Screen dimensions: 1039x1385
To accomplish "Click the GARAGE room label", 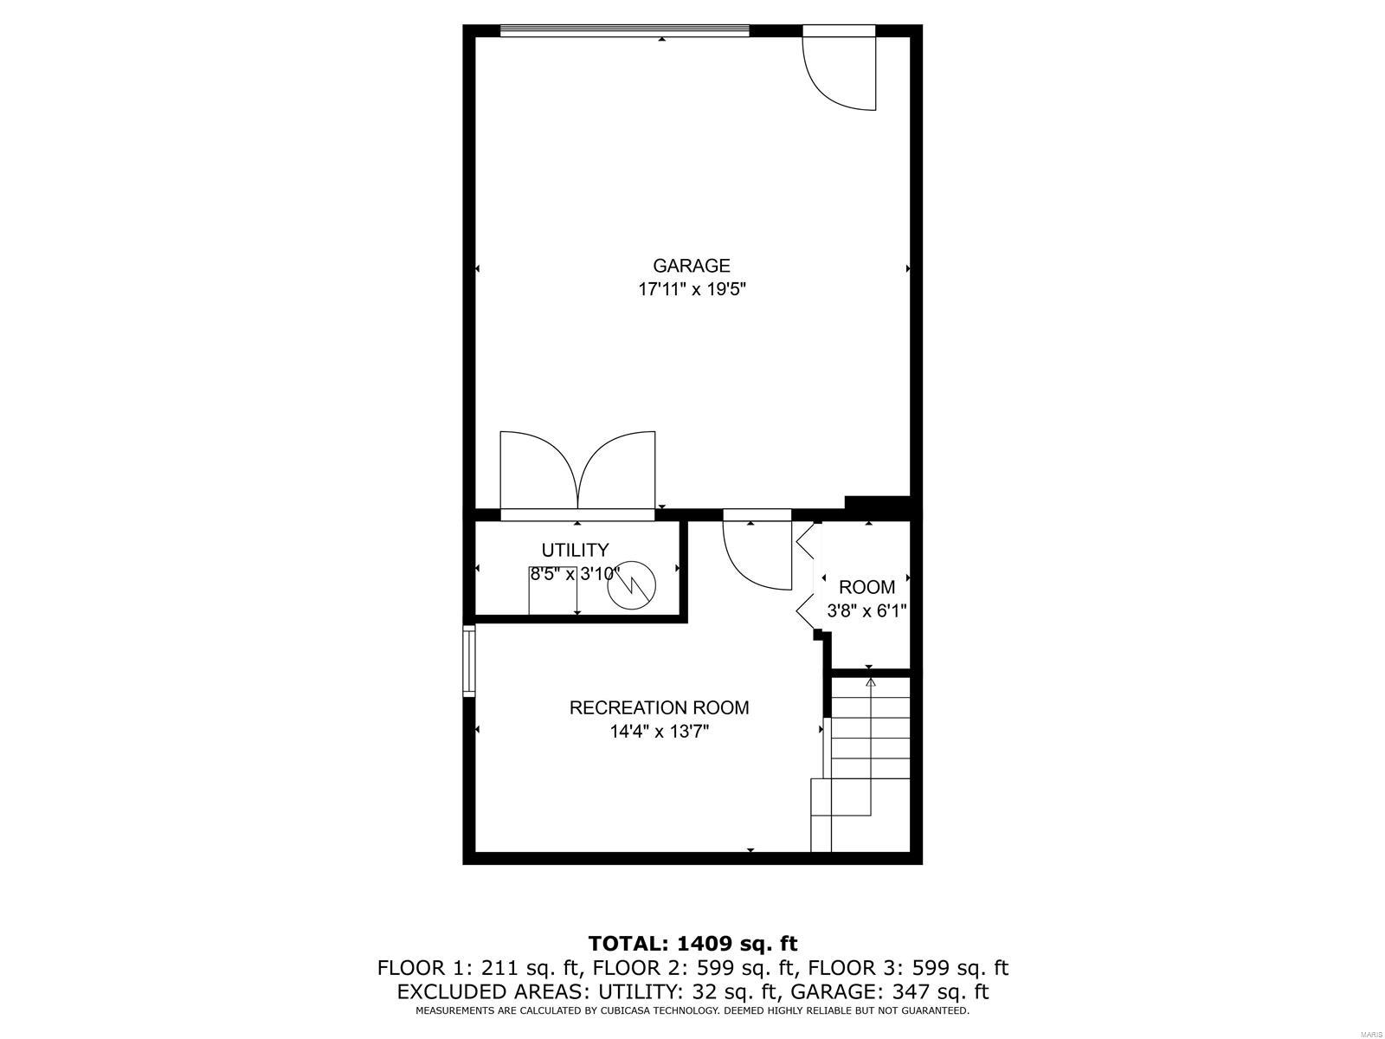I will pyautogui.click(x=691, y=266).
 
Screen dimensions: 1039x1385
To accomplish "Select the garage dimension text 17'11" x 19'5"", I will pyautogui.click(x=691, y=290).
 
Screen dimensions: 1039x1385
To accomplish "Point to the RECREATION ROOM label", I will pyautogui.click(x=659, y=707).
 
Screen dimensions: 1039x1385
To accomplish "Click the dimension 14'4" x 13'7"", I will pyautogui.click(x=659, y=732).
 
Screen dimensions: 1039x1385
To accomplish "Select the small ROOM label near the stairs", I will pyautogui.click(x=866, y=587).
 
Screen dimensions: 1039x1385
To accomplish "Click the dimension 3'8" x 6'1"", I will pyautogui.click(x=866, y=611).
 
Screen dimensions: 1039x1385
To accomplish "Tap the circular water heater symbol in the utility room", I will pyautogui.click(x=632, y=587).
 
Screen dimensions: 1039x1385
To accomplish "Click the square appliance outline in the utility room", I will pyautogui.click(x=552, y=590).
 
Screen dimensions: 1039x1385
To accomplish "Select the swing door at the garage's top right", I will pyautogui.click(x=840, y=69).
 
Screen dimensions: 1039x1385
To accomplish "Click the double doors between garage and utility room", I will pyautogui.click(x=577, y=472).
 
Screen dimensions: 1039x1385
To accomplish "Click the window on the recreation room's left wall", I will pyautogui.click(x=469, y=661).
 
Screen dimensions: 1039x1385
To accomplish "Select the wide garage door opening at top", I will pyautogui.click(x=624, y=30).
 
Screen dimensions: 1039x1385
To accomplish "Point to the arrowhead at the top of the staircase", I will pyautogui.click(x=870, y=682).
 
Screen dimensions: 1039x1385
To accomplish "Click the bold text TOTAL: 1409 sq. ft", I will pyautogui.click(x=692, y=943).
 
